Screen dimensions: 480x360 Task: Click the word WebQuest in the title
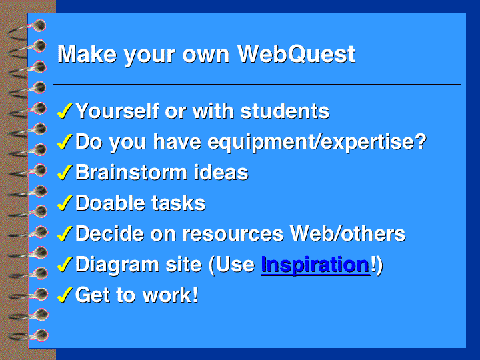tap(296, 54)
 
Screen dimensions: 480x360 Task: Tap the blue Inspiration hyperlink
tap(315, 265)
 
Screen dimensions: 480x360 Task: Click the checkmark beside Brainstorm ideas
tap(65, 172)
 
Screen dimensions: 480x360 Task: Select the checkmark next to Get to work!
tap(65, 295)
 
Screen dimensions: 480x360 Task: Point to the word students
tap(285, 111)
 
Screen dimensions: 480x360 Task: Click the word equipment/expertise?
tap(317, 143)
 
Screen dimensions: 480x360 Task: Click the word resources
tap(233, 234)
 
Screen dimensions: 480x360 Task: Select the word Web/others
tap(347, 233)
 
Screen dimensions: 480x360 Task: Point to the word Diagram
tap(117, 265)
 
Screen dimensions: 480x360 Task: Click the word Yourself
tap(117, 111)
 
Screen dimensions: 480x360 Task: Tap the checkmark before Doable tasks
tap(65, 203)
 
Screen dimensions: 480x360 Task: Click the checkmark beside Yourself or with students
tap(65, 111)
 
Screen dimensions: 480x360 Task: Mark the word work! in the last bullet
tap(171, 295)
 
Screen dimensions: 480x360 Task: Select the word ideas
tap(221, 173)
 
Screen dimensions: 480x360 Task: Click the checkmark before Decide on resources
tap(65, 233)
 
